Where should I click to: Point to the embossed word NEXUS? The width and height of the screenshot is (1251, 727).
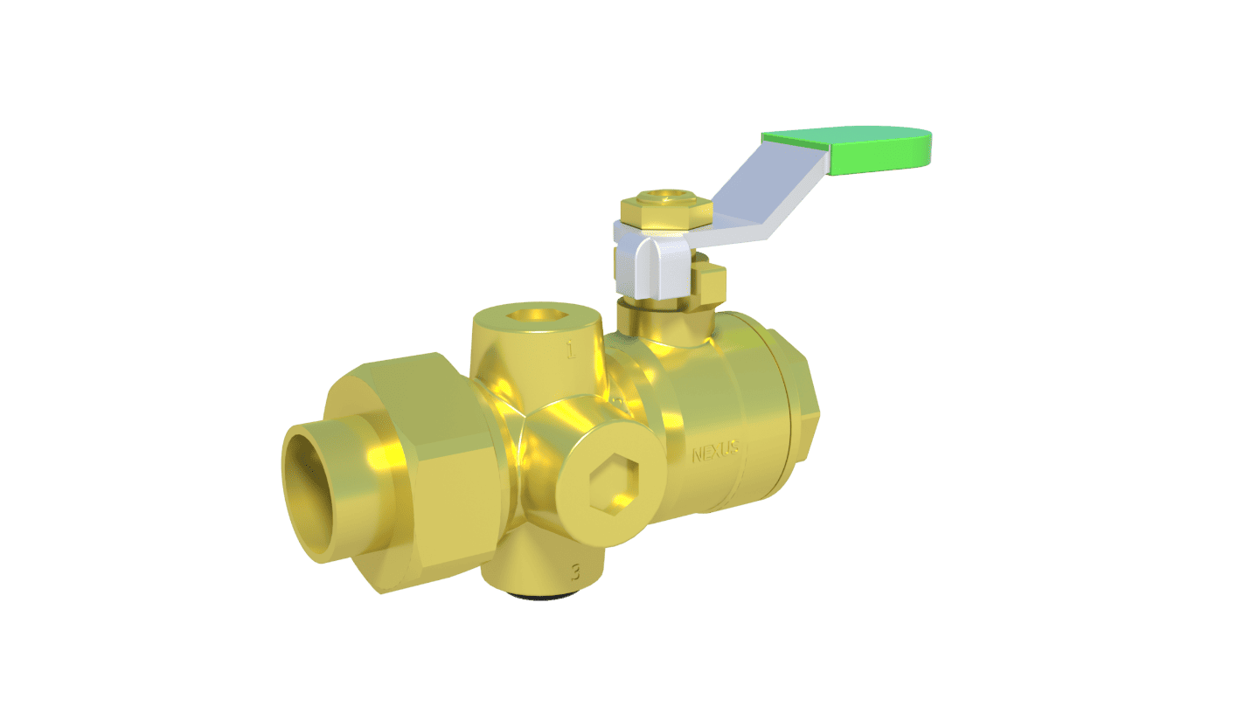pos(715,454)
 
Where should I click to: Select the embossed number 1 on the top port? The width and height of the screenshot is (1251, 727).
pos(570,351)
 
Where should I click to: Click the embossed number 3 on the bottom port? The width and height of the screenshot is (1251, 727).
pos(574,573)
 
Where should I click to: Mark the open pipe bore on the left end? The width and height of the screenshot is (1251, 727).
pos(315,489)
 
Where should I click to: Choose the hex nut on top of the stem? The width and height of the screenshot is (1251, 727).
pos(664,210)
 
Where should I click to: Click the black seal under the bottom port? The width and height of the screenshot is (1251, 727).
pos(542,596)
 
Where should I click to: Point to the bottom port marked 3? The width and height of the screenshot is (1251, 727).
pos(542,568)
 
